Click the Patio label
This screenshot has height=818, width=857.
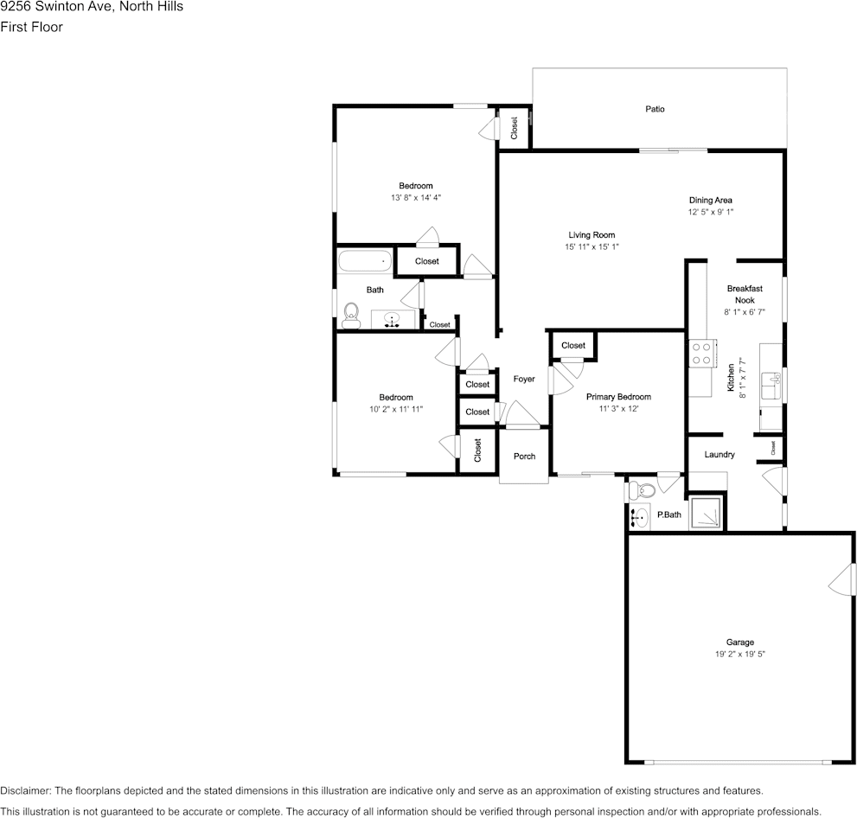click(x=655, y=110)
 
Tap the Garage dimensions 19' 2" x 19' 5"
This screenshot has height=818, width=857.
click(x=739, y=655)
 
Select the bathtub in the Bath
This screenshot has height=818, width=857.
click(x=364, y=261)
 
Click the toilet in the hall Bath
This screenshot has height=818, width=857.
click(x=351, y=315)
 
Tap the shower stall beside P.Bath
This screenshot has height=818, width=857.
click(x=706, y=514)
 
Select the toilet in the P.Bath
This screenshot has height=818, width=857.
click(x=641, y=491)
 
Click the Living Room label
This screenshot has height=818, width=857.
click(x=592, y=235)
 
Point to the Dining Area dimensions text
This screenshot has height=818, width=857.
click(x=710, y=212)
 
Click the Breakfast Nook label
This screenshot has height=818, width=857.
click(x=744, y=294)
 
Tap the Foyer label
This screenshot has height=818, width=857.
click(x=524, y=379)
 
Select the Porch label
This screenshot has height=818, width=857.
click(x=524, y=457)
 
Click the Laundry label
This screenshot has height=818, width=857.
click(x=719, y=455)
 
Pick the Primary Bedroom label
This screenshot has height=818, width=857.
click(x=618, y=397)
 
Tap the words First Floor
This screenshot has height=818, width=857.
click(x=31, y=27)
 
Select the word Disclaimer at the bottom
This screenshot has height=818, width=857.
click(x=25, y=790)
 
